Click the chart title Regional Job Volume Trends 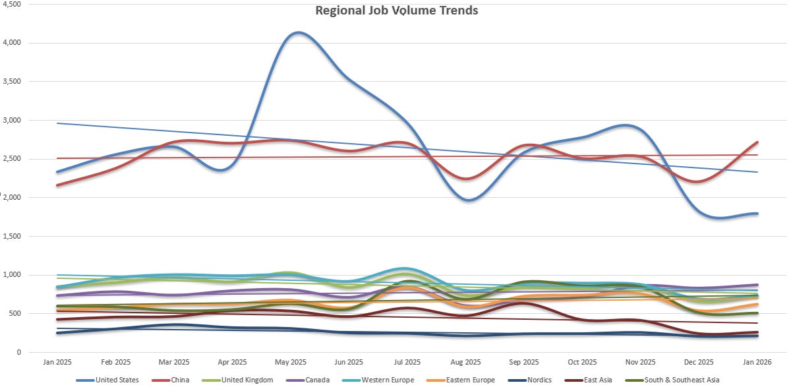click(x=396, y=11)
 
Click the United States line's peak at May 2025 click(x=298, y=32)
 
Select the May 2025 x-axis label click(x=291, y=362)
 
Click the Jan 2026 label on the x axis click(x=757, y=362)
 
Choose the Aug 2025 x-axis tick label click(x=465, y=362)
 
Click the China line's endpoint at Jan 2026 click(x=757, y=142)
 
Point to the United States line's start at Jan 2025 click(x=57, y=172)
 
